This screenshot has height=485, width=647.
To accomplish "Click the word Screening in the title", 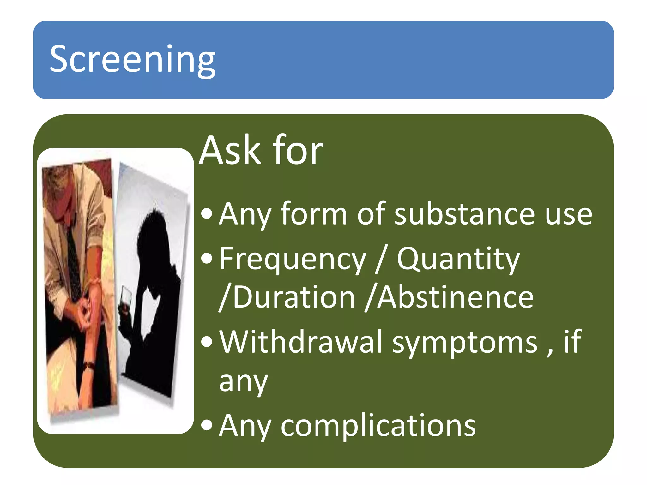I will [x=133, y=59].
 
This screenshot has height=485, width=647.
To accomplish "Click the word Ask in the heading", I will [x=231, y=151].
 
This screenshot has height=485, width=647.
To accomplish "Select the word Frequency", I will [x=293, y=260].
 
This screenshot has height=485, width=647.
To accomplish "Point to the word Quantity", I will [x=458, y=260].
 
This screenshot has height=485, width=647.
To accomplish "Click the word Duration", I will [x=294, y=297].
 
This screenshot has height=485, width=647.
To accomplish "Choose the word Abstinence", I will [x=455, y=297].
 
